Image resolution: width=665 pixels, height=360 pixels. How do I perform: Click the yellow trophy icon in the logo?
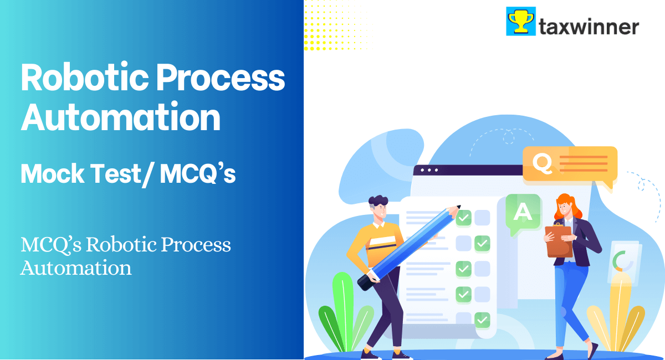(520, 22)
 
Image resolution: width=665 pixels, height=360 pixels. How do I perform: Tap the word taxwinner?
(589, 27)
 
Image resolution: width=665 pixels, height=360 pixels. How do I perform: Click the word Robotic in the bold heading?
(83, 78)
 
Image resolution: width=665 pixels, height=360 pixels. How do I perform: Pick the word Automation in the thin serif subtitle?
(76, 268)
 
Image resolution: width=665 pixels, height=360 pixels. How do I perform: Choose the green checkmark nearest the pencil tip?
(464, 218)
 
